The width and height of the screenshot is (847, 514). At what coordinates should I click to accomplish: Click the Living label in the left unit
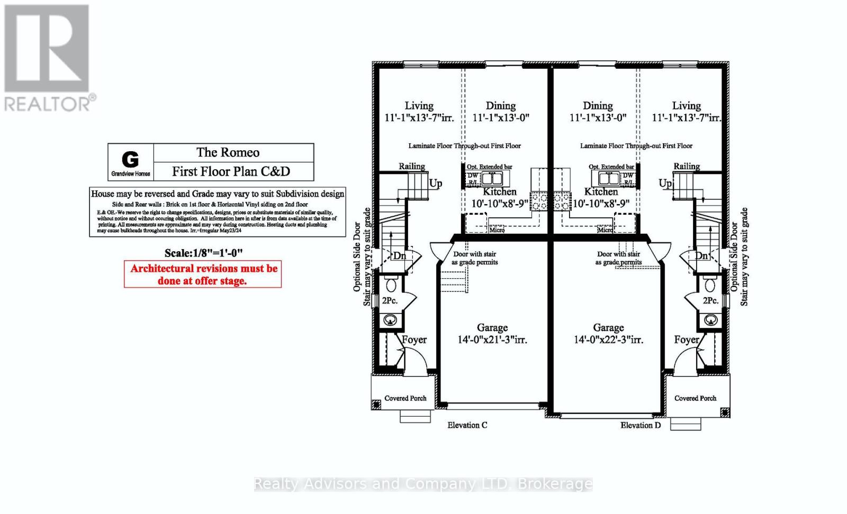point(419,106)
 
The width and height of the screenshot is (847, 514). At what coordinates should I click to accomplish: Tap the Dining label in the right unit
point(598,106)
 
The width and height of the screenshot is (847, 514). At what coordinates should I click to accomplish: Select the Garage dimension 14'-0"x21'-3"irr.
point(492,339)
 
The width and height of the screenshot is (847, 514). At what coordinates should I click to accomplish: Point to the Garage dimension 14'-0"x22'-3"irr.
point(608,339)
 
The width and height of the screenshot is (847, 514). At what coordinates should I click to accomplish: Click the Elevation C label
point(467,425)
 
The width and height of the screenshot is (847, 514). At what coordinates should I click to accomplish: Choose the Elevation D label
point(641,425)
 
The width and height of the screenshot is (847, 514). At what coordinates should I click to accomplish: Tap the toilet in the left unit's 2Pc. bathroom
point(391,286)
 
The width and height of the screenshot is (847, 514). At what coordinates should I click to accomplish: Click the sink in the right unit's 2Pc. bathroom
point(710,319)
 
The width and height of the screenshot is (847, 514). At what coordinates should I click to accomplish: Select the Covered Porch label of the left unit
point(405,398)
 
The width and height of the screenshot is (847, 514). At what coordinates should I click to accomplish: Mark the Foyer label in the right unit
point(687,339)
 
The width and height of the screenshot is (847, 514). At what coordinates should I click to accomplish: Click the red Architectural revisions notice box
point(203,274)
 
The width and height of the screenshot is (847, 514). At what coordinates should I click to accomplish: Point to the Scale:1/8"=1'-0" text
point(204,253)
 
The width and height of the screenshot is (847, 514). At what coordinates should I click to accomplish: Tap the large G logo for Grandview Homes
point(130,159)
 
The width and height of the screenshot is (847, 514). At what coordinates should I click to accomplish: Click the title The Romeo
point(228,153)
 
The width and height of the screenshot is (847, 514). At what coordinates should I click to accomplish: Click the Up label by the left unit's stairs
point(435,183)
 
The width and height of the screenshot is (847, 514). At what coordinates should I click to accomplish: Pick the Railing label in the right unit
point(687,166)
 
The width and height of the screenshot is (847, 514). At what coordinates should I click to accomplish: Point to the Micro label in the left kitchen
point(497,230)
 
